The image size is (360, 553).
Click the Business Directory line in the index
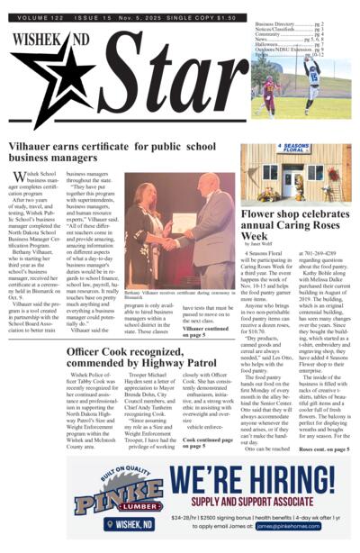pos(289,23)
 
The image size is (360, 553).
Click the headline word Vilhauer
pos(33,147)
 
